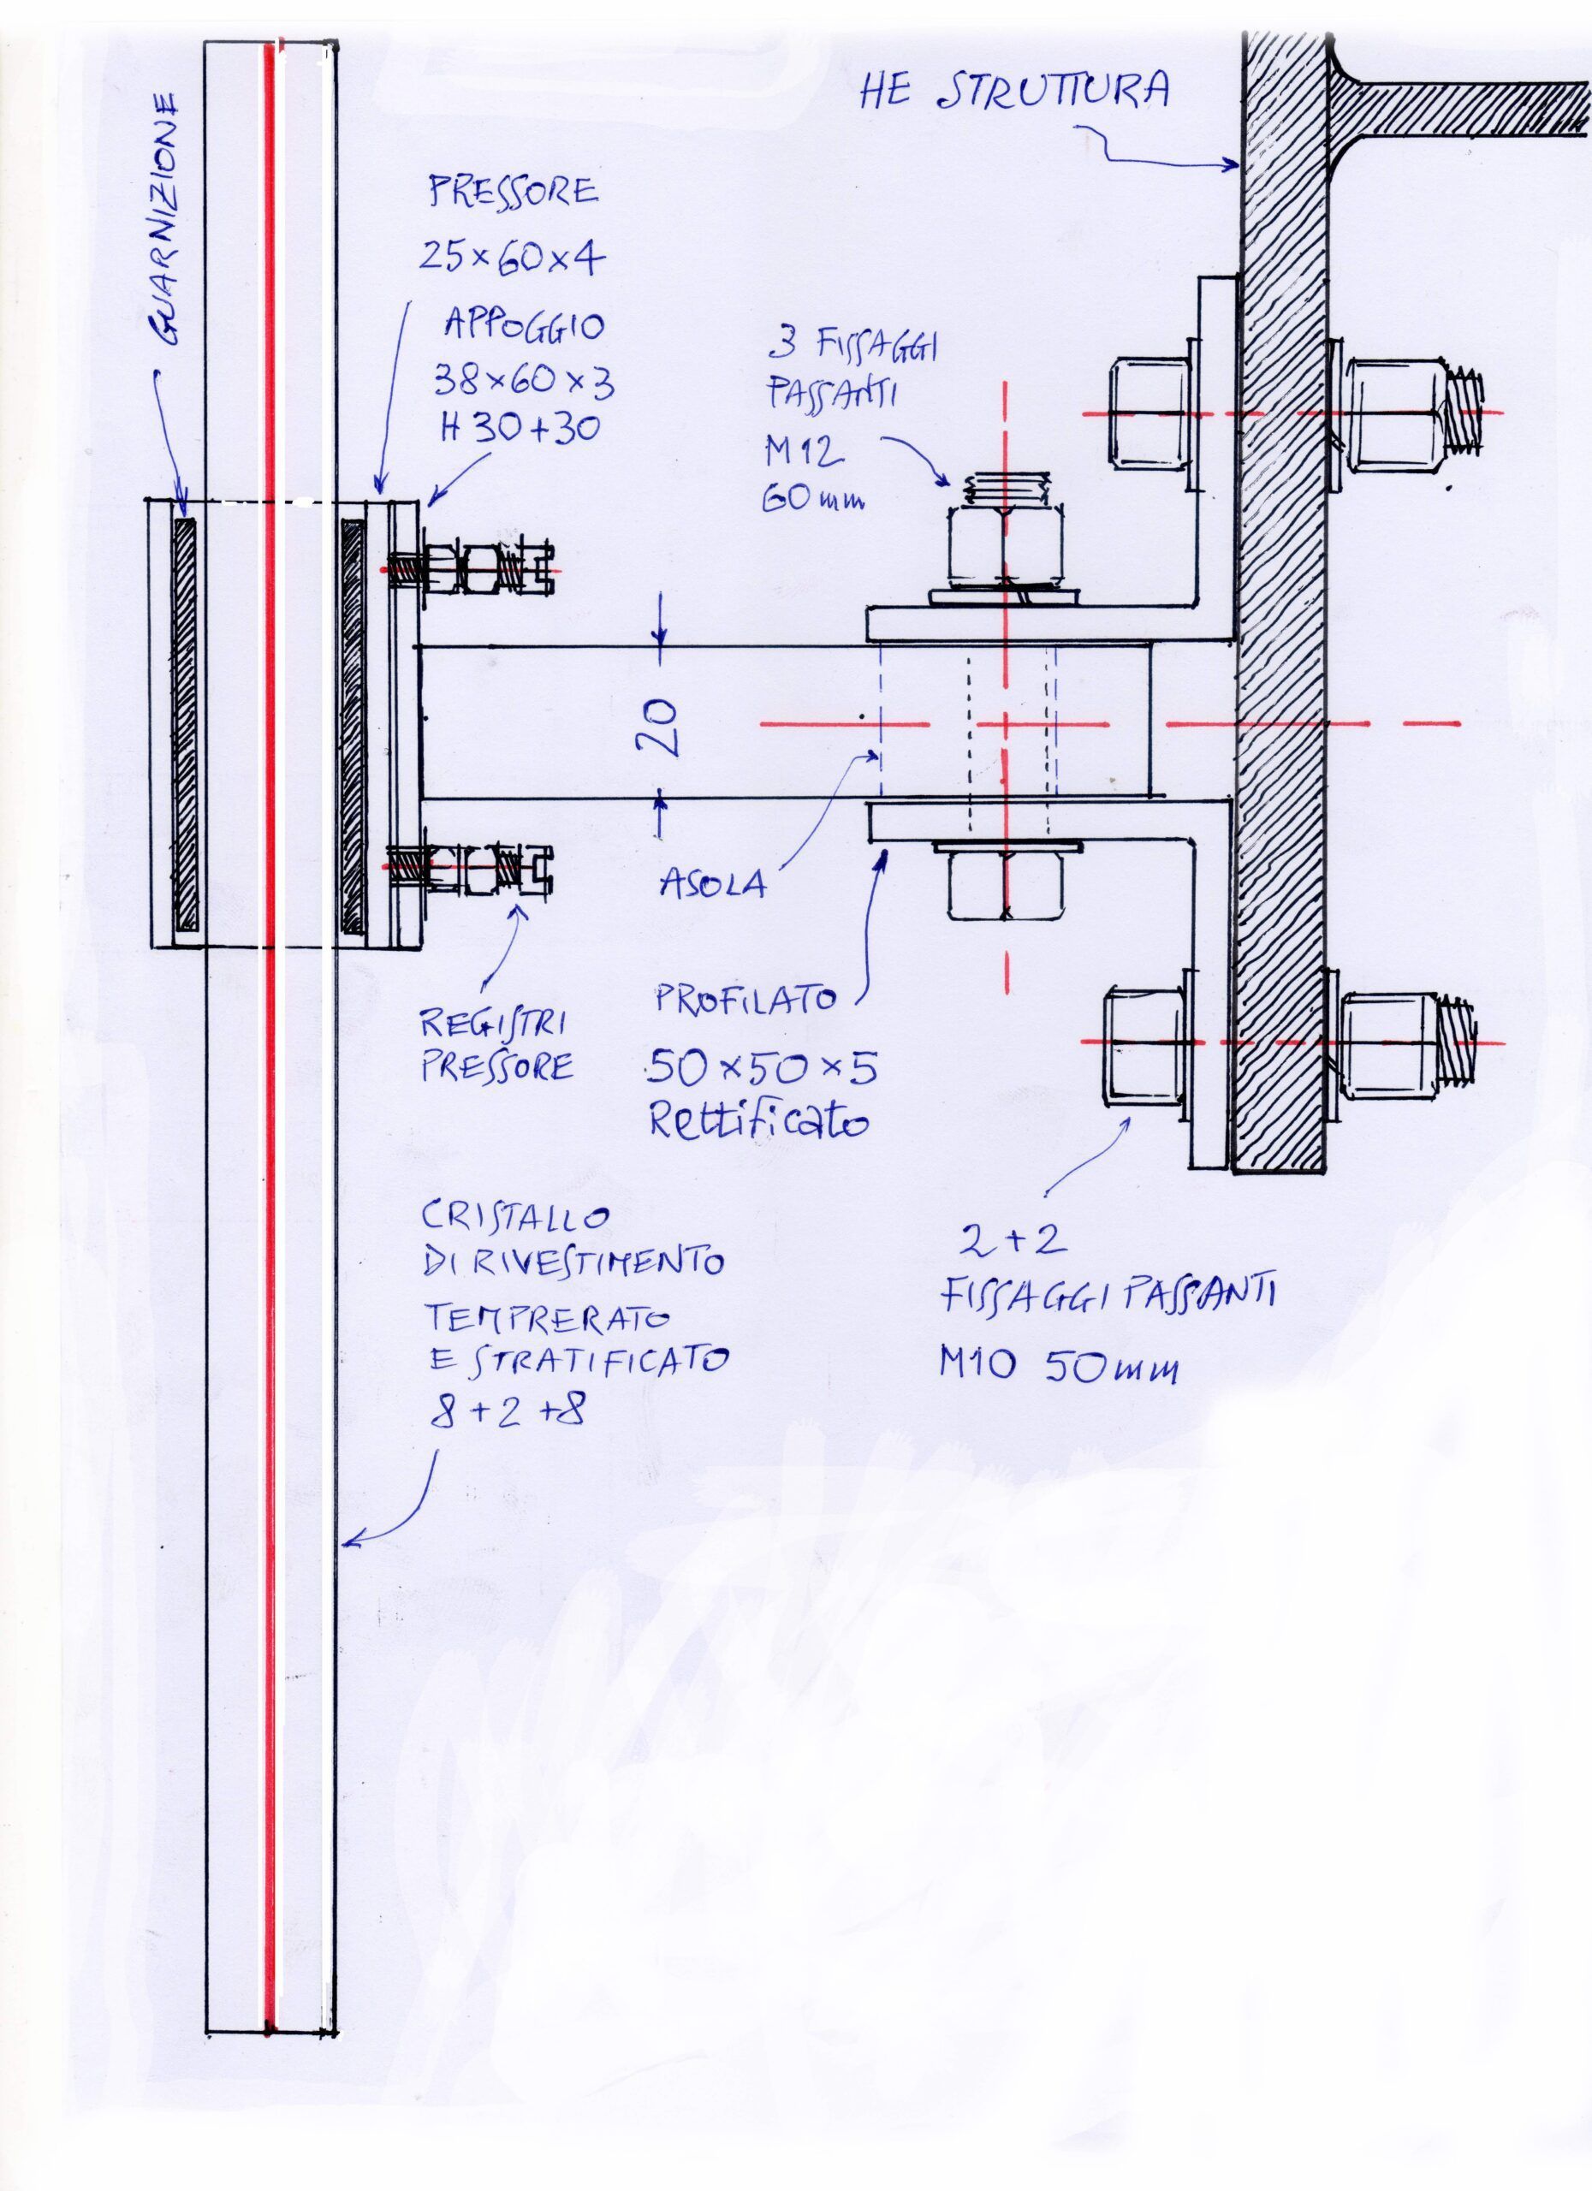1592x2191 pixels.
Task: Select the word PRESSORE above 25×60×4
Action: click(x=514, y=193)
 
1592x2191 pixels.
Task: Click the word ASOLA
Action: click(x=713, y=883)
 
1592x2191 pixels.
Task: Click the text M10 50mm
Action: click(x=1059, y=1365)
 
